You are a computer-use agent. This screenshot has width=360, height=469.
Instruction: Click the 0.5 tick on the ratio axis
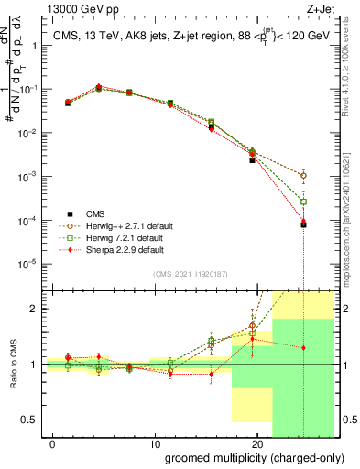31,420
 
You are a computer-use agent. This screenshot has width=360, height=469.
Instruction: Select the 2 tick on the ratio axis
35,309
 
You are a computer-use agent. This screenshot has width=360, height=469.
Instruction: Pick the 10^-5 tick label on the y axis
27,264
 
